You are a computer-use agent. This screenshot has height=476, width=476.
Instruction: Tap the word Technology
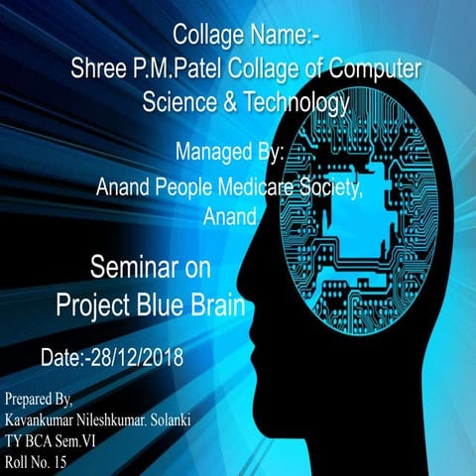[x=299, y=102]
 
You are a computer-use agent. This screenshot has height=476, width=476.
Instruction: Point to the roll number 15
[x=60, y=461]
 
